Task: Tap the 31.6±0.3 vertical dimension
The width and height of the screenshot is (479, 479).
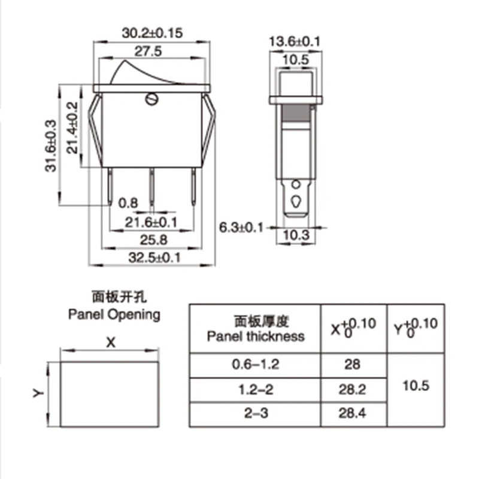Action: click(x=53, y=145)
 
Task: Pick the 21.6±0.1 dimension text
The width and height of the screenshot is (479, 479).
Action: click(x=151, y=222)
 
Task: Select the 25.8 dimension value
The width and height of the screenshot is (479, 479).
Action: click(x=152, y=240)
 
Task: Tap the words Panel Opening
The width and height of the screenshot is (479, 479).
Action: click(x=114, y=314)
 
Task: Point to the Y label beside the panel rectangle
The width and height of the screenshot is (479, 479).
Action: click(x=37, y=393)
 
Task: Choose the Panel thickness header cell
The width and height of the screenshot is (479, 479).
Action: click(x=256, y=328)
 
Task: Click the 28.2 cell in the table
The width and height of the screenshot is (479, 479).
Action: click(x=353, y=390)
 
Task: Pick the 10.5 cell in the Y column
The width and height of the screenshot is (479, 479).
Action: click(x=417, y=384)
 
